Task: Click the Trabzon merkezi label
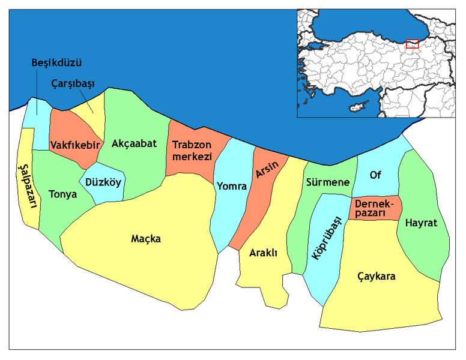pos(192,151)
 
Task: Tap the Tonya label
pos(62,194)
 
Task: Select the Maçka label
pos(146,239)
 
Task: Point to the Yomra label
pos(232,186)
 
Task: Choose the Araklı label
pos(263,253)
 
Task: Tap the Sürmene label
pos(327,182)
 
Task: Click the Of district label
pos(375,175)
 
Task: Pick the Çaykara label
pos(377,277)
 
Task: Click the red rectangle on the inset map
pos(412,44)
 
